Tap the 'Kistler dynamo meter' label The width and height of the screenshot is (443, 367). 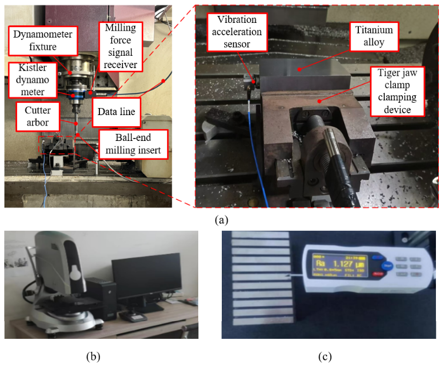31,83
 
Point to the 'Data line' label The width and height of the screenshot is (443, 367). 115,110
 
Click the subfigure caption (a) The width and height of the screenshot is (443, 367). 222,221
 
